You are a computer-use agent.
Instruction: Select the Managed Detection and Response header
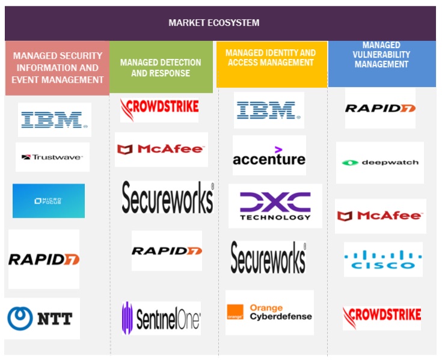(160, 68)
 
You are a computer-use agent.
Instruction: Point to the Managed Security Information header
(57, 67)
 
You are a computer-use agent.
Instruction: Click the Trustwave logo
(52, 157)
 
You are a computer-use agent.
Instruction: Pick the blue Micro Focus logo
(49, 201)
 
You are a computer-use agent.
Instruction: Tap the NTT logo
(43, 319)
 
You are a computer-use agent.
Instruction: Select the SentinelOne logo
(161, 318)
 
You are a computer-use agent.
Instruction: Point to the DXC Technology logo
(275, 206)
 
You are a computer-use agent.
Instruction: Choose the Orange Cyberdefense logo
(269, 313)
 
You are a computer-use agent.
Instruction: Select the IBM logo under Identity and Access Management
(268, 110)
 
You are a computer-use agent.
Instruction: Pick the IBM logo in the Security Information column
(55, 120)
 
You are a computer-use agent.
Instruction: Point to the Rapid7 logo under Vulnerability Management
(380, 108)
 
